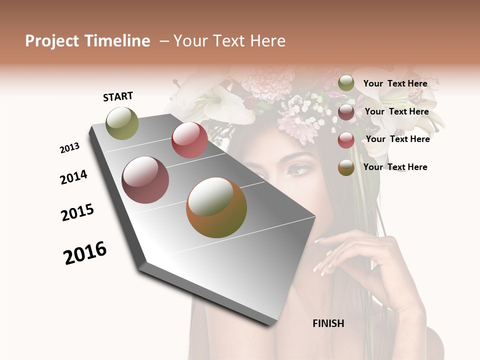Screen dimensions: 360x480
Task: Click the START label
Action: coord(118,96)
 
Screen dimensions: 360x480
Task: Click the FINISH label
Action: coord(328,323)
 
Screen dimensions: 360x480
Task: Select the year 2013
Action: coord(69,148)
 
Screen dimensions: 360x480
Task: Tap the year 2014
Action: coord(73,177)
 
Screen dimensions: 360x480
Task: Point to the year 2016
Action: coord(85,253)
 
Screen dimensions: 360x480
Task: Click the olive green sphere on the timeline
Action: coord(122,123)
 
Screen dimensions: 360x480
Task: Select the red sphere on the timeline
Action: coord(189,140)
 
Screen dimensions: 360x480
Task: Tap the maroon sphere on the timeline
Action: coord(145,180)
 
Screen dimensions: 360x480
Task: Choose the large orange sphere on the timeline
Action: coord(216,207)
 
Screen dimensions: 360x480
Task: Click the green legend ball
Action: coord(346,83)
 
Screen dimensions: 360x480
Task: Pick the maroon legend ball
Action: coord(346,112)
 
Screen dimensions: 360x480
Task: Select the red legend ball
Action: coord(346,140)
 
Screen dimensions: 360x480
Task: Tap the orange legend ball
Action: coord(346,167)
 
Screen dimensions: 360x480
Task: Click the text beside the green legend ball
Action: coord(395,83)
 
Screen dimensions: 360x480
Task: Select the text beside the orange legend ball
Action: coord(395,167)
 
